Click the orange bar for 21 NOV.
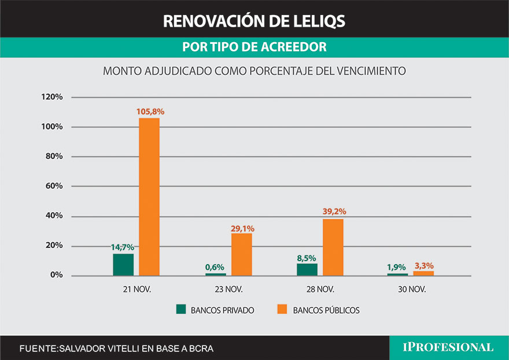149,196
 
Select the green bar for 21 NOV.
123,265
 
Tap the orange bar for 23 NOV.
241,254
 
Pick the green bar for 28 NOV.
307,269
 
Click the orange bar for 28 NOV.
333,247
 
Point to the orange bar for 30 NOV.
423,273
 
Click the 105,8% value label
150,112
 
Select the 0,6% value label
215,268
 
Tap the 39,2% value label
334,211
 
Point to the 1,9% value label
397,267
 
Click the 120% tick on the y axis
51,97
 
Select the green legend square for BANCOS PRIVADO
181,310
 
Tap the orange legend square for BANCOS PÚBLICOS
282,310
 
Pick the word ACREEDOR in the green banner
293,47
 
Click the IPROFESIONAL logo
448,347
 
